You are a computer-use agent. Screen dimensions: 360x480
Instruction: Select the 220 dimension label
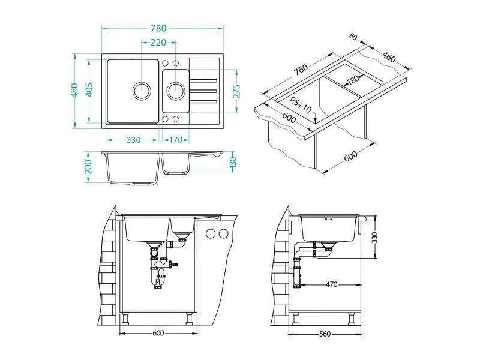pos(158,43)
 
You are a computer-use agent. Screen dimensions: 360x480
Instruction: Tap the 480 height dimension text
pos(75,91)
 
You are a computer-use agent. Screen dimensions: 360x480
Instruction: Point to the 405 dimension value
pos(89,91)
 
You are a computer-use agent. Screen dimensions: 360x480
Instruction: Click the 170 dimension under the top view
pos(176,140)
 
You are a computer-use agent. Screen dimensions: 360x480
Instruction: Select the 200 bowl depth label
pos(89,167)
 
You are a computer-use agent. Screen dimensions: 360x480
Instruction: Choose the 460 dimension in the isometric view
pos(389,58)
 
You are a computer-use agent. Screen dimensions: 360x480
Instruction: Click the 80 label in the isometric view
pos(353,37)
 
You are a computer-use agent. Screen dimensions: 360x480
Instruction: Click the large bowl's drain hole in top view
pos(142,91)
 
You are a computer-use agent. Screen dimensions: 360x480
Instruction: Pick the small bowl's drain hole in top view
pos(176,91)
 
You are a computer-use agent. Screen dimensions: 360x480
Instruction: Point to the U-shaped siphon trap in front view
pos(159,280)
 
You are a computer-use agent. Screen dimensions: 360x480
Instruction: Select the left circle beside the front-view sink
pos(211,233)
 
